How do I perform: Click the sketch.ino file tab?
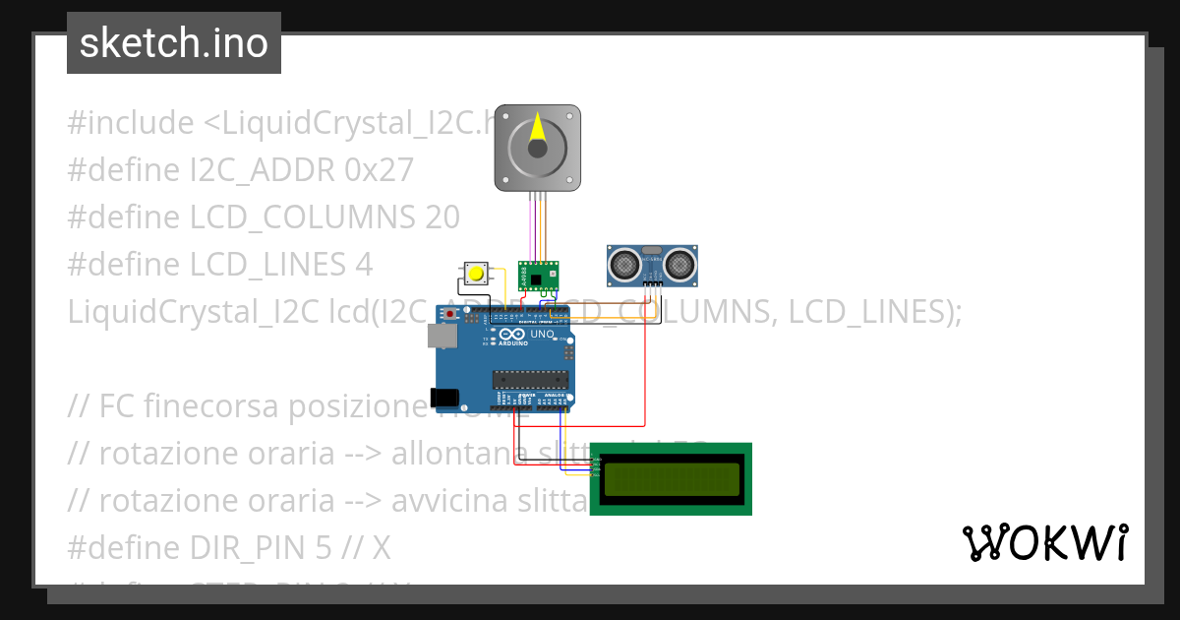174,43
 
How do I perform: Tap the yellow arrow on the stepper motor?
537,128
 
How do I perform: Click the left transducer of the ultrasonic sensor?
623,263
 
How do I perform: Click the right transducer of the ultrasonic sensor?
678,263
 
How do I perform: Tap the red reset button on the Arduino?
451,314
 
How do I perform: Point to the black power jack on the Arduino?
444,398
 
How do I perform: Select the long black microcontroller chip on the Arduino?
530,379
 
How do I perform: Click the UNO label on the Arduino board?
542,335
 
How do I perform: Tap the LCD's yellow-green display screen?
671,479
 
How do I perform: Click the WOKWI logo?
1044,542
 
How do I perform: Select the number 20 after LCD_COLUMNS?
442,217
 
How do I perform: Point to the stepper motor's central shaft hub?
537,149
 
